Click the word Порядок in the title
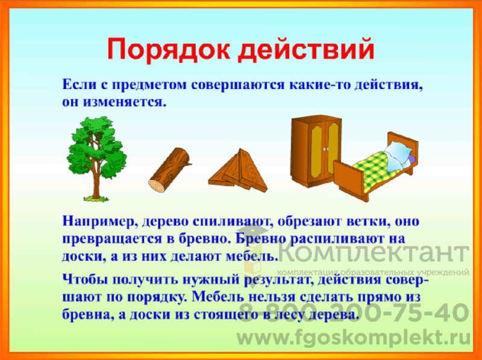(169, 50)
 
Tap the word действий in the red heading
(306, 49)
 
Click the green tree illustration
(96, 159)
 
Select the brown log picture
(170, 170)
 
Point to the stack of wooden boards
(237, 170)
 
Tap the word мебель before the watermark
(251, 256)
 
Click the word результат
(278, 280)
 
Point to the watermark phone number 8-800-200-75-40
(354, 312)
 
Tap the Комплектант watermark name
(374, 252)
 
